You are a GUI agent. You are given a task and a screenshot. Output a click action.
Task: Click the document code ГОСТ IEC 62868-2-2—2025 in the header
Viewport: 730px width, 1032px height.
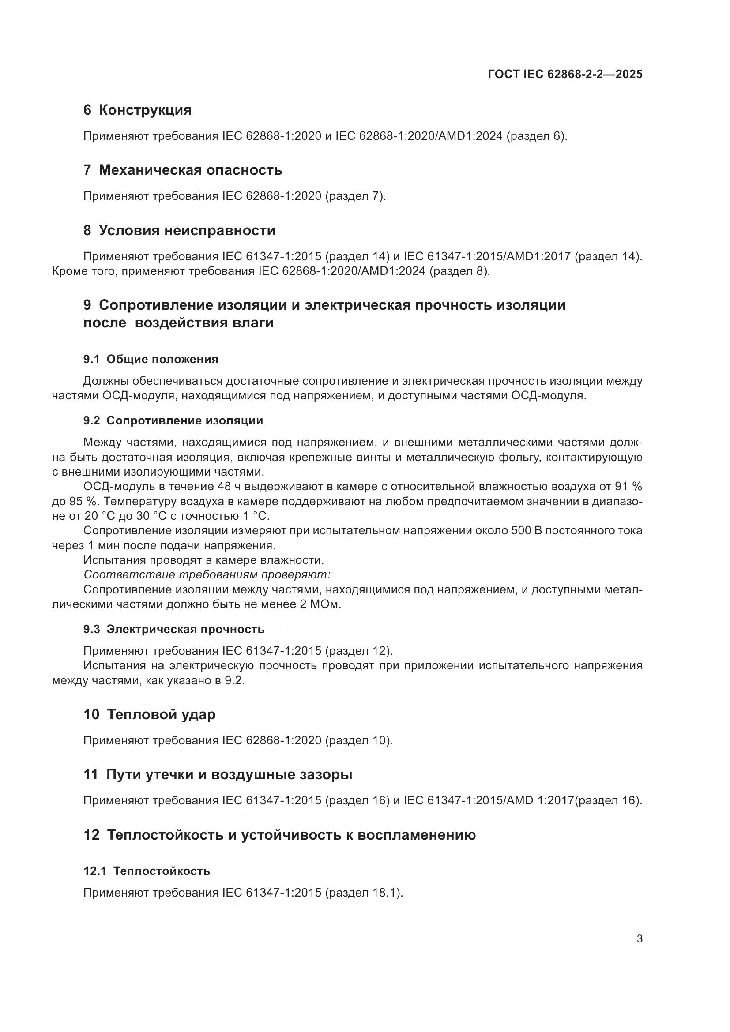pos(564,74)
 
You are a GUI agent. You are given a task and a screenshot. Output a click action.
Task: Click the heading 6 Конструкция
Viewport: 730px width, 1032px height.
pos(137,110)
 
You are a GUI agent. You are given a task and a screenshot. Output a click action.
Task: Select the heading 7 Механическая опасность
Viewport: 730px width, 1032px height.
pos(183,170)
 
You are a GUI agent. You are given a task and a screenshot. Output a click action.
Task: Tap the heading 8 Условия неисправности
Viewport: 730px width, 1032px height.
pos(179,230)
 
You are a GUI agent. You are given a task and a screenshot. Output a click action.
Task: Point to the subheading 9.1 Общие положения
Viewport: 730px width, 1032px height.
pos(151,359)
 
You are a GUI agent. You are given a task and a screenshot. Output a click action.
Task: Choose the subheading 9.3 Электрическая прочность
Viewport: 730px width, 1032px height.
pos(173,629)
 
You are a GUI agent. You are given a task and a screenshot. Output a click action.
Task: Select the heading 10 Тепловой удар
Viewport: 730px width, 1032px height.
pos(149,714)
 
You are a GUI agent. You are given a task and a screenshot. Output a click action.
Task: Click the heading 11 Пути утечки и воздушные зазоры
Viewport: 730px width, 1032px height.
pos(218,774)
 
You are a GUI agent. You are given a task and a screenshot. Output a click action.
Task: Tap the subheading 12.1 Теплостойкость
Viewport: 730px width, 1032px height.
pos(147,871)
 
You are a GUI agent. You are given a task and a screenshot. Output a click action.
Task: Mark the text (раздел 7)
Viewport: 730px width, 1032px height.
pos(356,196)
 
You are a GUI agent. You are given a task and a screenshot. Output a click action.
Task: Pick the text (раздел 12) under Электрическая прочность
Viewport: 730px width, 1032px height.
pos(359,651)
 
